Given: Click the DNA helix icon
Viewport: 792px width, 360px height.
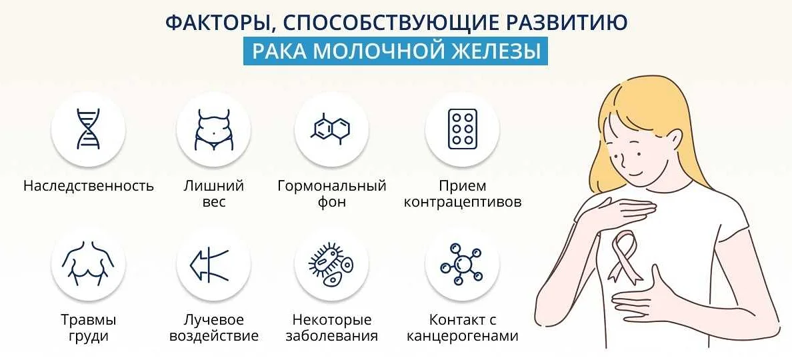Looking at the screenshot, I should pyautogui.click(x=88, y=129).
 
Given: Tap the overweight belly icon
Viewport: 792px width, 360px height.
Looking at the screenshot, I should pyautogui.click(x=213, y=129).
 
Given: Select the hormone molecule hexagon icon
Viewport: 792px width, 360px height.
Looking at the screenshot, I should pyautogui.click(x=331, y=129).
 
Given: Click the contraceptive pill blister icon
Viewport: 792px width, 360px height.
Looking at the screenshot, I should pyautogui.click(x=461, y=129).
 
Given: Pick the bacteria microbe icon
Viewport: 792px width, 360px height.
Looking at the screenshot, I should pyautogui.click(x=331, y=265).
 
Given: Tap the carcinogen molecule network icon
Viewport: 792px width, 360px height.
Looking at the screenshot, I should pyautogui.click(x=461, y=265).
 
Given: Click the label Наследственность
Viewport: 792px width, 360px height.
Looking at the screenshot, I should pyautogui.click(x=88, y=185).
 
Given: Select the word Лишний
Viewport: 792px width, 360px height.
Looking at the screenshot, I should pyautogui.click(x=213, y=185).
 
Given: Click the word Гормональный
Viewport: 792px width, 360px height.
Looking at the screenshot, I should pyautogui.click(x=331, y=185).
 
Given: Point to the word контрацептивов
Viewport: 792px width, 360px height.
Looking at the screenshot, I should pyautogui.click(x=462, y=202).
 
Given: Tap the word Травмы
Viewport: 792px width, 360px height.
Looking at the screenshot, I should pyautogui.click(x=88, y=320).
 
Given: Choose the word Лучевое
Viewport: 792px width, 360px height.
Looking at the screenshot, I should pyautogui.click(x=213, y=320).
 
